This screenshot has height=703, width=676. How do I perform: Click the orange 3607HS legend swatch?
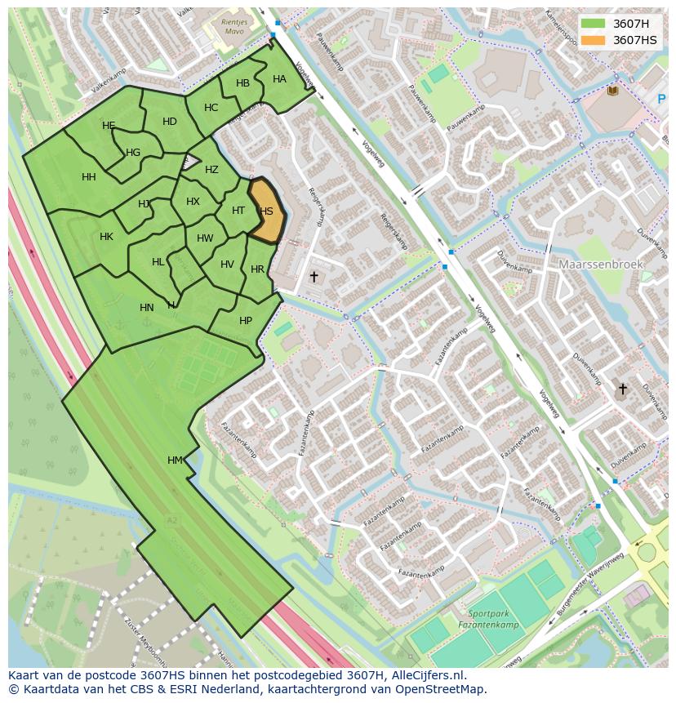[x=594, y=40]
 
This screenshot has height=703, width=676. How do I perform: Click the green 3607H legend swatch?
[x=594, y=24]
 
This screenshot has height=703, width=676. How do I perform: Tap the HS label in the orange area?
[x=266, y=211]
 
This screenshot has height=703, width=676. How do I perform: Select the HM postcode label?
[x=176, y=461]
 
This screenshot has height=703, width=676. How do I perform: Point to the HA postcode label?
[x=279, y=79]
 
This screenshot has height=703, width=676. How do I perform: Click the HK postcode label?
[x=106, y=237]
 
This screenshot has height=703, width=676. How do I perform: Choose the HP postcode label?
[x=246, y=321]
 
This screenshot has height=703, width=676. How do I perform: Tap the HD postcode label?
[x=170, y=122]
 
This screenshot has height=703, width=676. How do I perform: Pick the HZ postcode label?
[x=211, y=170]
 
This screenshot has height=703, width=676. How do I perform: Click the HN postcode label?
[x=147, y=308]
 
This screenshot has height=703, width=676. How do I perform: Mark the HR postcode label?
[x=257, y=269]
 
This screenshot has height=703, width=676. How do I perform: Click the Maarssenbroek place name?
[x=601, y=265]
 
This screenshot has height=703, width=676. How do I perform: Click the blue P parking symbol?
[x=661, y=100]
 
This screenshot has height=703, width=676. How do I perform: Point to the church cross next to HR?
[x=314, y=277]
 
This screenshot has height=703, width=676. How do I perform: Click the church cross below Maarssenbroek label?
[x=622, y=389]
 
